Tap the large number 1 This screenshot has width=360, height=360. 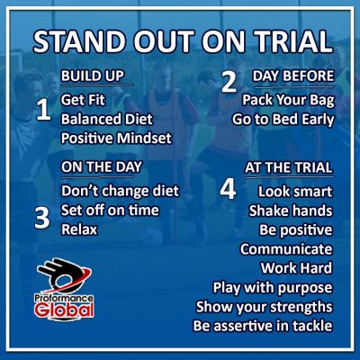(x=43, y=110)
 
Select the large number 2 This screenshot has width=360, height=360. (x=229, y=82)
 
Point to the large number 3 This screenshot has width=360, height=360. (x=42, y=218)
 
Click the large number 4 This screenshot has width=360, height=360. (x=228, y=190)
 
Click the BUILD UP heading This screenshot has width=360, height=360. (x=93, y=76)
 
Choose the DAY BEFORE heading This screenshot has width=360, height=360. (x=293, y=76)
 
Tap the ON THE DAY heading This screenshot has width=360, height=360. (x=102, y=166)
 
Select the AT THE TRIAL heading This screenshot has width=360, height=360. (x=289, y=167)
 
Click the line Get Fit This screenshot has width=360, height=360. (x=83, y=100)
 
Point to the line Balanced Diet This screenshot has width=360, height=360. (x=107, y=119)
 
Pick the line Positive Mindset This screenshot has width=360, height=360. (x=116, y=138)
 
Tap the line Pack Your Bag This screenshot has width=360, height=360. (x=288, y=100)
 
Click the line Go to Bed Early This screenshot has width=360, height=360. (x=283, y=120)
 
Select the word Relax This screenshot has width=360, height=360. (x=79, y=229)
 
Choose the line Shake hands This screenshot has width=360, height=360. (x=291, y=211)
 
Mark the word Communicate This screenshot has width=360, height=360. (x=286, y=249)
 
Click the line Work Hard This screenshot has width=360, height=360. (x=296, y=268)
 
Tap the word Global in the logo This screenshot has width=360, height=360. (x=64, y=310)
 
